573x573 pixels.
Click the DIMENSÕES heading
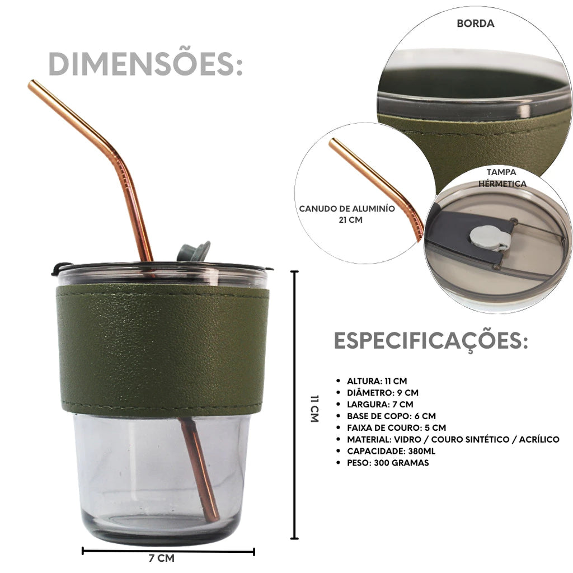click(145, 64)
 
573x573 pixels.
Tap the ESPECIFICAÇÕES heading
click(431, 341)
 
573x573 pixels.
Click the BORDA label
click(476, 24)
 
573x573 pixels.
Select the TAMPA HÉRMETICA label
click(502, 177)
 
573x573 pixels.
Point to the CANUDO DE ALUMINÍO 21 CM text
click(347, 214)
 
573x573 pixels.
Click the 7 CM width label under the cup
click(162, 558)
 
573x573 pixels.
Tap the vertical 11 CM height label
click(314, 408)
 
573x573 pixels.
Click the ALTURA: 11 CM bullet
click(377, 381)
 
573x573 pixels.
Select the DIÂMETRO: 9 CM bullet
click(383, 393)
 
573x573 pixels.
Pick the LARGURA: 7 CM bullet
click(380, 405)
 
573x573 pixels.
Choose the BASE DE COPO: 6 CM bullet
click(391, 416)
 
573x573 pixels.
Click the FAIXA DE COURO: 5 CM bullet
click(397, 428)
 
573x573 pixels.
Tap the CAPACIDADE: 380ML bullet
click(391, 452)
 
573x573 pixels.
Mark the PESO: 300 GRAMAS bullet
click(388, 463)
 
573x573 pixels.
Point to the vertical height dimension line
click(294, 405)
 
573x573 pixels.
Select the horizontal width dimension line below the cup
click(168, 551)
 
